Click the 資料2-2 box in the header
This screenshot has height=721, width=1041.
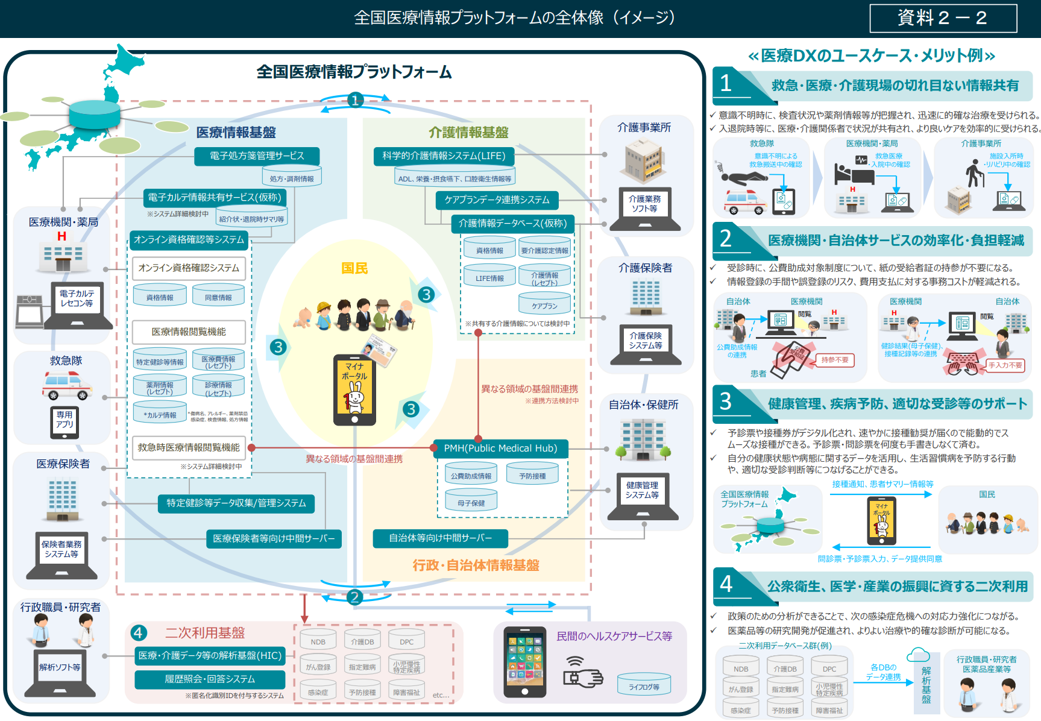(943, 18)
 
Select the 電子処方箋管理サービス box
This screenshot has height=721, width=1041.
(257, 156)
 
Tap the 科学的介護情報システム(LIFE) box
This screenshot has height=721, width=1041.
(444, 156)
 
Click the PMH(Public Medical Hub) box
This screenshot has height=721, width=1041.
(500, 449)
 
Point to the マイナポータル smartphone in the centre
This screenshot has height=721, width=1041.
(354, 389)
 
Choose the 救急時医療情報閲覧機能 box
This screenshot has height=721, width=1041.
(189, 448)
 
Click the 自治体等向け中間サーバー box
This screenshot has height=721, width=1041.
(440, 538)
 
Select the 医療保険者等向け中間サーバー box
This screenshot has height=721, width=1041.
(274, 539)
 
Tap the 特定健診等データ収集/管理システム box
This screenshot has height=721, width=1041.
(236, 503)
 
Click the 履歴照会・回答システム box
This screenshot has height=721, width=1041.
(210, 679)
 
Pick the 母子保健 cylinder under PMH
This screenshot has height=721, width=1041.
(471, 501)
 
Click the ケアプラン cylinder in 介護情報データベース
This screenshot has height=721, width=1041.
(544, 304)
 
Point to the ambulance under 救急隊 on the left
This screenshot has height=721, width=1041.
(67, 385)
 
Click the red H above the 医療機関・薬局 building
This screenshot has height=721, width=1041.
(61, 236)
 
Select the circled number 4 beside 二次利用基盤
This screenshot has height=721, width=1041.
(138, 632)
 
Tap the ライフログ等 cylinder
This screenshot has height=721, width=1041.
(644, 685)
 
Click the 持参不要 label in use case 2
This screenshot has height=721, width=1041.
(834, 360)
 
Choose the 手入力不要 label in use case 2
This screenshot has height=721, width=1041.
(1005, 365)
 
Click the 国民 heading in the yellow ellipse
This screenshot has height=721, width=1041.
(354, 268)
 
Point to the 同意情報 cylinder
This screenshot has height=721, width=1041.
(218, 295)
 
